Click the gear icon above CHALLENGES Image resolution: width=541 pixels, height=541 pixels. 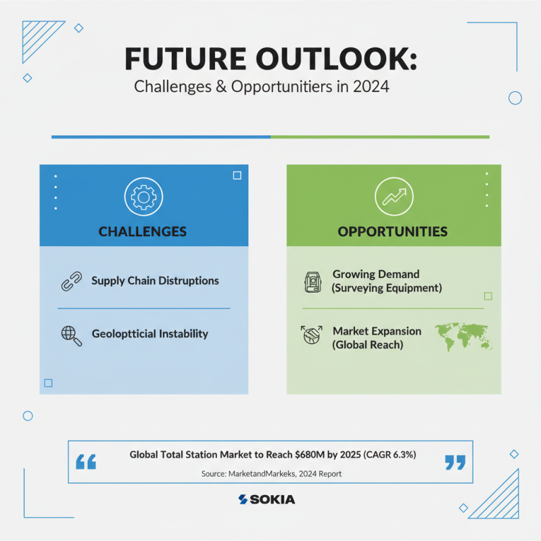143,197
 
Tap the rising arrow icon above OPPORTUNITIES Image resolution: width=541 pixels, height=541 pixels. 394,197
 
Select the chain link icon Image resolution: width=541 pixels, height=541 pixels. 72,281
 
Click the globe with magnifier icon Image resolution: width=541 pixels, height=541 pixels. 72,335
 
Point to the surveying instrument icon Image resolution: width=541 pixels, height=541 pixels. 312,282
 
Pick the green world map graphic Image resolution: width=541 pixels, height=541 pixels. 463,337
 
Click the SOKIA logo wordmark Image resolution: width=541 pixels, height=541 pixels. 266,499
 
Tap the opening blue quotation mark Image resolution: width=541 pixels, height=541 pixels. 86,462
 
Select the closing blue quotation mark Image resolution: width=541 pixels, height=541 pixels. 455,463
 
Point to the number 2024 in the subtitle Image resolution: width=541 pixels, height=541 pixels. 371,87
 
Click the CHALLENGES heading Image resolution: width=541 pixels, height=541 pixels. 143,231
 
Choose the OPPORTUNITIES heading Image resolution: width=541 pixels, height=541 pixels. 393,231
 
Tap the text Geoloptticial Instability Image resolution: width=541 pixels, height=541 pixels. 149,334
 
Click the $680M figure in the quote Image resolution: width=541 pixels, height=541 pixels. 310,454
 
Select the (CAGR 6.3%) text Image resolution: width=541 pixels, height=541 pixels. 390,454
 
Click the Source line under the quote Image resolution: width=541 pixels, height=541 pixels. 272,474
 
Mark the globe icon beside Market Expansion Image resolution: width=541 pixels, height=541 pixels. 312,335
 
